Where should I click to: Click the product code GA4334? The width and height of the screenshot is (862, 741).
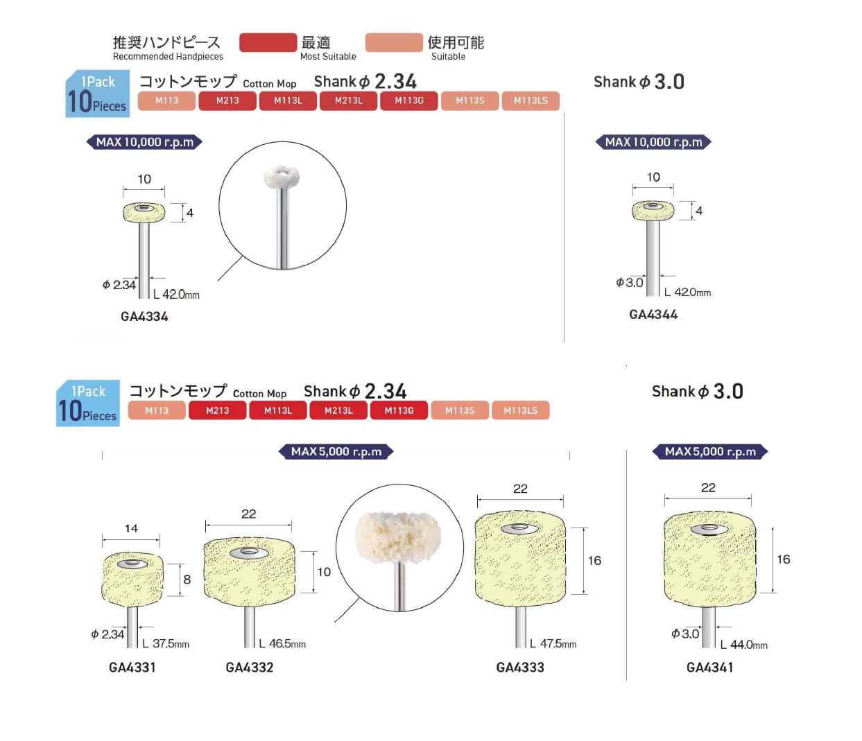[144, 317]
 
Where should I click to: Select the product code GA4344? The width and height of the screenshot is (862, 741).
[653, 315]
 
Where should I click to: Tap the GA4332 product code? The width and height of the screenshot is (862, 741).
[250, 668]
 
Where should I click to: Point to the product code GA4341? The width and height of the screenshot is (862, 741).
[709, 668]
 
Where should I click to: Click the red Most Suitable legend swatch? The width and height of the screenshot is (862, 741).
[268, 43]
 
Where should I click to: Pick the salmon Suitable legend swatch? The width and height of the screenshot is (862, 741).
[394, 43]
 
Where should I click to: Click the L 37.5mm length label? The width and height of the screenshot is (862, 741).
[166, 644]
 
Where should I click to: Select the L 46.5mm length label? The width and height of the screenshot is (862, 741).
[282, 644]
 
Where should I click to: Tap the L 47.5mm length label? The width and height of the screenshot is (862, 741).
[553, 644]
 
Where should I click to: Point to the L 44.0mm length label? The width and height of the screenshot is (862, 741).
[743, 645]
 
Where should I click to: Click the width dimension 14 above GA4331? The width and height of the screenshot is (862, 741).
[131, 529]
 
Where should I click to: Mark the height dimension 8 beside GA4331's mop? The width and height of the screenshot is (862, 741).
[187, 579]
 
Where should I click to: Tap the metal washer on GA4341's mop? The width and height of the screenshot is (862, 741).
[709, 530]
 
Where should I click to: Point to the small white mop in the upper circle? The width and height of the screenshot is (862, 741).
[282, 177]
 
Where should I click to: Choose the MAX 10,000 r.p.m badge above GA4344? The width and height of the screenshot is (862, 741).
[653, 142]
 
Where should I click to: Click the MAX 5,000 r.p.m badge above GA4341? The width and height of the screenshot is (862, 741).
[710, 452]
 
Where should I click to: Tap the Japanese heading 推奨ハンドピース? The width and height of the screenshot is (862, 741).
[166, 42]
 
